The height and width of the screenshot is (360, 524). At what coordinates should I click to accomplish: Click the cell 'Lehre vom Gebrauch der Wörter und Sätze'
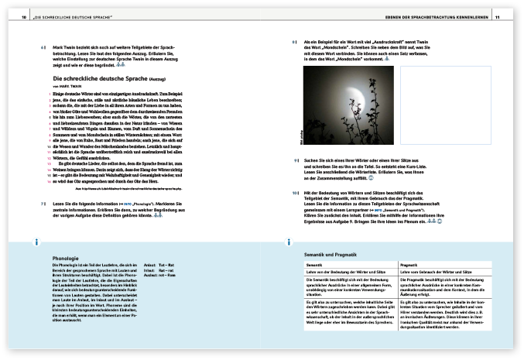click(434, 272)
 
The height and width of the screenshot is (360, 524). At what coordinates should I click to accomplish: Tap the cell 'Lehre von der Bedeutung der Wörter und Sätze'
click(333, 272)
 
